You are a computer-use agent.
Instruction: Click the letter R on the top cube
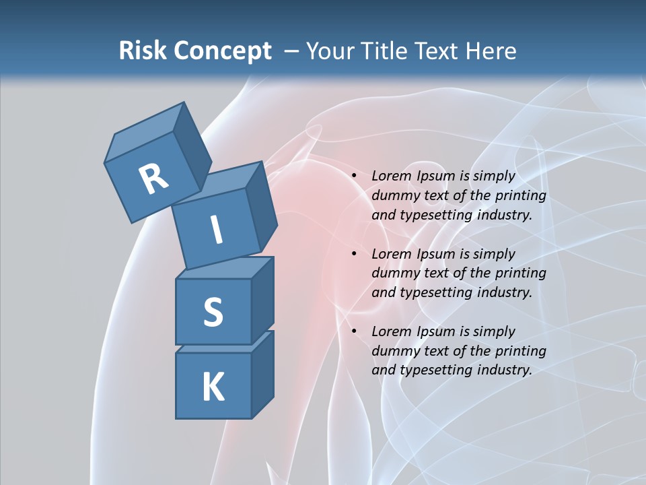click(x=154, y=179)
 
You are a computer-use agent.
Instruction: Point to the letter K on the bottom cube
click(x=213, y=387)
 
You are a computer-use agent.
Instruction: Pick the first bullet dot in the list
click(x=353, y=176)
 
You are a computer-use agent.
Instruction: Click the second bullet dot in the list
click(x=353, y=255)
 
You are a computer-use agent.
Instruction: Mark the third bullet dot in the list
click(x=353, y=332)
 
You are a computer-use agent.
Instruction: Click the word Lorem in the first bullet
click(x=390, y=176)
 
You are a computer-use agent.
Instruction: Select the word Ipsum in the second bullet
click(x=435, y=254)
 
